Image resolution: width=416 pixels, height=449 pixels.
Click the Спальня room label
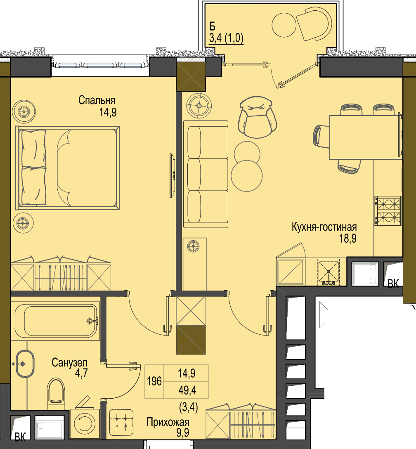[97, 100]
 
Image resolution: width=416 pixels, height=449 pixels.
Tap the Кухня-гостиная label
[324, 227]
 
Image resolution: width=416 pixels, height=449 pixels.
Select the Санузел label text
[70, 363]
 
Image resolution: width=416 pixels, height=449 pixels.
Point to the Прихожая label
[168, 422]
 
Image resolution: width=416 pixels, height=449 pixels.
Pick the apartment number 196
[154, 381]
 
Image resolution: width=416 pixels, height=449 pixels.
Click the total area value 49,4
[187, 390]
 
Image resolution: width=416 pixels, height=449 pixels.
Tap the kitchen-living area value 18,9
[348, 238]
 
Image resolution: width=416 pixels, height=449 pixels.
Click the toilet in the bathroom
[56, 393]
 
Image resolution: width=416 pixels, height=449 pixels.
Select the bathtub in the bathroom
[56, 321]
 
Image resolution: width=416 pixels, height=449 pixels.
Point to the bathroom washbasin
[25, 364]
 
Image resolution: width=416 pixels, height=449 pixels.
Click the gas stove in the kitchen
[388, 210]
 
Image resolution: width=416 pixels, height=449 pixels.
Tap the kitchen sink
[329, 272]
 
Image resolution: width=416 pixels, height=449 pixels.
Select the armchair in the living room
[257, 117]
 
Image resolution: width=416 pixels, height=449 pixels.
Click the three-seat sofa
[206, 174]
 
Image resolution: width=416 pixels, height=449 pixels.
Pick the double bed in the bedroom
[68, 168]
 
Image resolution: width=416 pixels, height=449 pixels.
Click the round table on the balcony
[284, 25]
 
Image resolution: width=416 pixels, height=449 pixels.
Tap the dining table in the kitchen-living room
[366, 137]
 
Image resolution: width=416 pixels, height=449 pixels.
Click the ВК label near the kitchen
[393, 284]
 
